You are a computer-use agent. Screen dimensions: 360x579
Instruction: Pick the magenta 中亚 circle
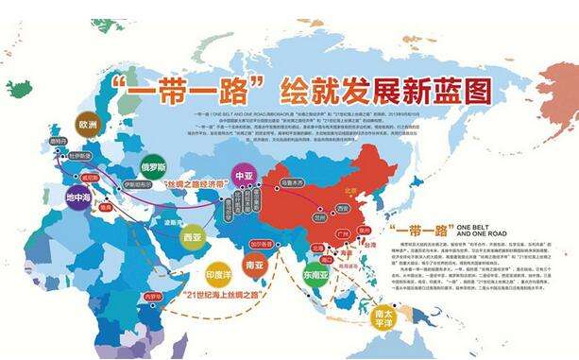tap(245, 176)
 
